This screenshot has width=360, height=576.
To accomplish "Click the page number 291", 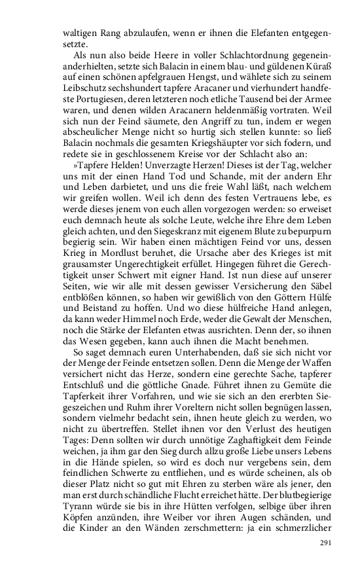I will (326, 543).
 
